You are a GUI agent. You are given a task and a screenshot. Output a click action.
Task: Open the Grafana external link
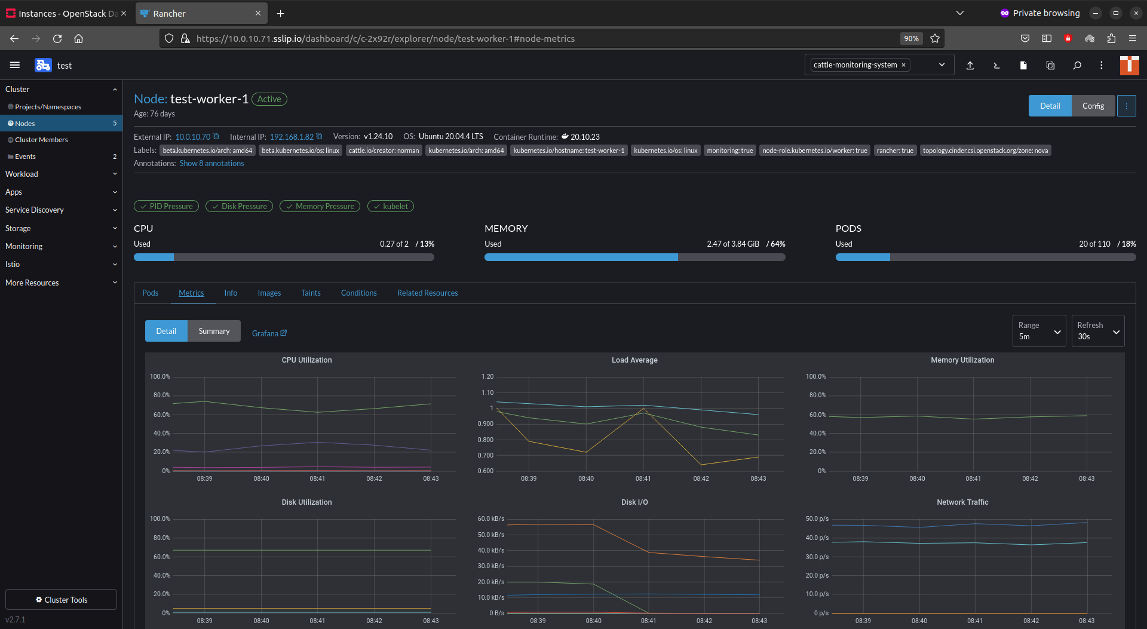(x=269, y=333)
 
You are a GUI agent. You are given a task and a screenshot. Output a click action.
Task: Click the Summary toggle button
(x=214, y=331)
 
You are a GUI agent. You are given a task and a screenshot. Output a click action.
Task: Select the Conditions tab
(x=358, y=293)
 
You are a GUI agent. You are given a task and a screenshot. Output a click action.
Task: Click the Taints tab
(x=311, y=293)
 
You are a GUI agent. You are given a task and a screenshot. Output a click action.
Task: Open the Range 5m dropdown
(x=1039, y=331)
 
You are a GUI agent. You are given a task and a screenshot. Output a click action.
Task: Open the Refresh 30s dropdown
(x=1097, y=331)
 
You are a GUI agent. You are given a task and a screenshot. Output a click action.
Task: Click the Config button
(x=1093, y=106)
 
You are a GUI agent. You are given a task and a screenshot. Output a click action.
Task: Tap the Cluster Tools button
(x=61, y=600)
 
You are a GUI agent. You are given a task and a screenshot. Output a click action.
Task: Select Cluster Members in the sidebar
(x=41, y=140)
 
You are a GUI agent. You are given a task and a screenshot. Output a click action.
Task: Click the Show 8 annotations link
(x=211, y=163)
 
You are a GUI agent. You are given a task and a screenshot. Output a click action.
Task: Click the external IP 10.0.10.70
(x=192, y=137)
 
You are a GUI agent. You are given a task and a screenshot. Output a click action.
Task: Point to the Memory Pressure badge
(x=320, y=206)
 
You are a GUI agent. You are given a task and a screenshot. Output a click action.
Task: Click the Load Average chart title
(x=634, y=360)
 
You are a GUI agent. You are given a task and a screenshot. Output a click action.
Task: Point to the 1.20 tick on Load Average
(x=487, y=376)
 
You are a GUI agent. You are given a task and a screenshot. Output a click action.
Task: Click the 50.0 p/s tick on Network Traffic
(x=817, y=518)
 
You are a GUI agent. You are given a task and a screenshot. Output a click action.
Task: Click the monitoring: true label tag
(x=729, y=151)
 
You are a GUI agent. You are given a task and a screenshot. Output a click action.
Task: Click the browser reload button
(x=57, y=38)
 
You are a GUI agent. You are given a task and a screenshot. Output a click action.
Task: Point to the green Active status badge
(x=269, y=99)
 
